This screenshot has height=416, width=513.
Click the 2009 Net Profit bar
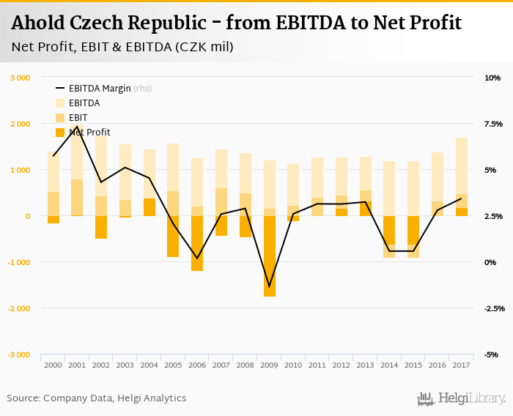[269, 256]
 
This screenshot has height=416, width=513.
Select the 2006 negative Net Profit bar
[197, 243]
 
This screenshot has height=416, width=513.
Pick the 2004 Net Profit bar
[149, 207]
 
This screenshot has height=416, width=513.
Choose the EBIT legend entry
[78, 117]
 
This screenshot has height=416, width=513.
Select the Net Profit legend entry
[89, 132]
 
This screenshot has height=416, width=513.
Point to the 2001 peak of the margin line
[78, 127]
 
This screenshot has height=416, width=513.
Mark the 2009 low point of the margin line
[269, 287]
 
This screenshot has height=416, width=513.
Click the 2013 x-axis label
[365, 364]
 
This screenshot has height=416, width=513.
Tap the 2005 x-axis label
[173, 364]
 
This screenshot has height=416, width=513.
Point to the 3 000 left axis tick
[20, 78]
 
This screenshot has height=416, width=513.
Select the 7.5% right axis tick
[492, 124]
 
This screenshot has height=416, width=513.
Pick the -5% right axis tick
[492, 354]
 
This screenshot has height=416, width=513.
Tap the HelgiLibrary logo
[461, 398]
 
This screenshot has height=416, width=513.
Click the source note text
[97, 398]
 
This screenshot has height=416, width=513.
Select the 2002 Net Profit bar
[101, 227]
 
